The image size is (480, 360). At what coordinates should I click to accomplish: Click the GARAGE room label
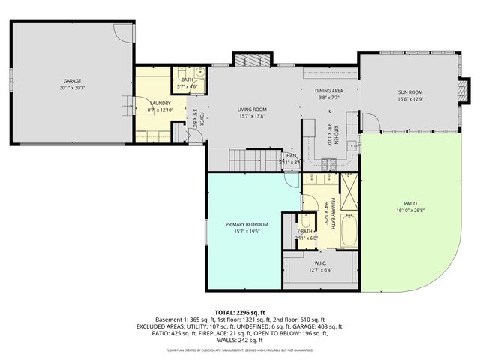(72, 80)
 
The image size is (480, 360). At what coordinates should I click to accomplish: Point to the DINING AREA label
(328, 90)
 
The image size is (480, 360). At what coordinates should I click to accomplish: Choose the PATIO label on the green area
(409, 203)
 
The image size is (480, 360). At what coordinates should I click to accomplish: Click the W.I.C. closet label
(319, 262)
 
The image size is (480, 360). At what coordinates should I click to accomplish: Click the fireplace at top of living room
(248, 61)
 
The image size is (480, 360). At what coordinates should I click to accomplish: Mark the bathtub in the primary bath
(349, 232)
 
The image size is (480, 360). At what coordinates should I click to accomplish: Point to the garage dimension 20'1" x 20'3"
(72, 87)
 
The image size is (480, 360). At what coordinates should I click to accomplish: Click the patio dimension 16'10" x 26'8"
(409, 210)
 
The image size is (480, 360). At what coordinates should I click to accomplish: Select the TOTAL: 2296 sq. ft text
(240, 312)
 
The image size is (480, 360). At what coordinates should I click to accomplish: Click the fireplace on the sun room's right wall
(459, 91)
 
